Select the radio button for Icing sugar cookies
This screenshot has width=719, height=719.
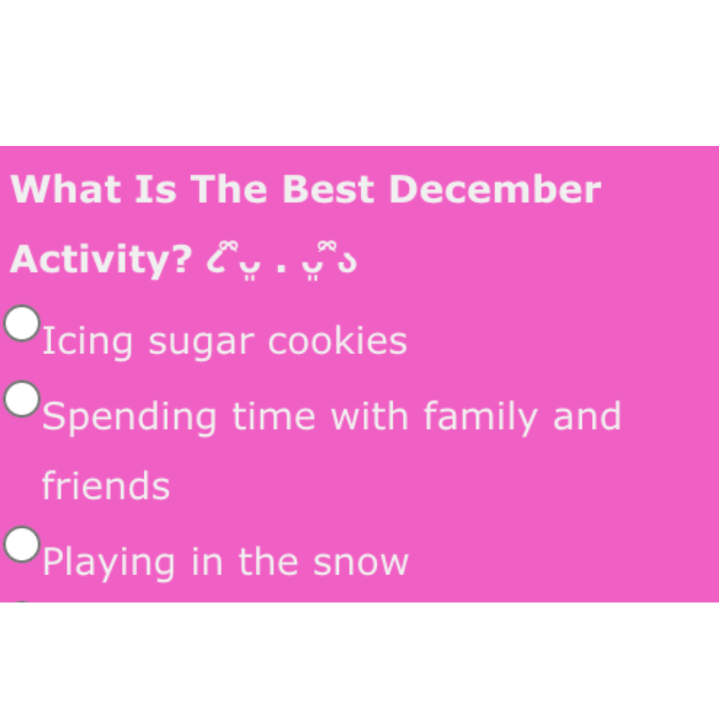click(x=22, y=324)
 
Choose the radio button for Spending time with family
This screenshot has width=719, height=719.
click(x=22, y=399)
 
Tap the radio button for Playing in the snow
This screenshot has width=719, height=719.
click(x=22, y=544)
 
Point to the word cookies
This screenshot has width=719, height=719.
click(x=337, y=342)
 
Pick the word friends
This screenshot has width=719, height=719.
click(x=106, y=486)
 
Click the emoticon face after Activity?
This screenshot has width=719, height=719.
click(x=282, y=262)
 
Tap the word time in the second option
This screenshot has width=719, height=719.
click(x=273, y=417)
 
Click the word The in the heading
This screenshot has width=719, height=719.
click(x=230, y=189)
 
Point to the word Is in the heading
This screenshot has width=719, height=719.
click(x=156, y=189)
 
